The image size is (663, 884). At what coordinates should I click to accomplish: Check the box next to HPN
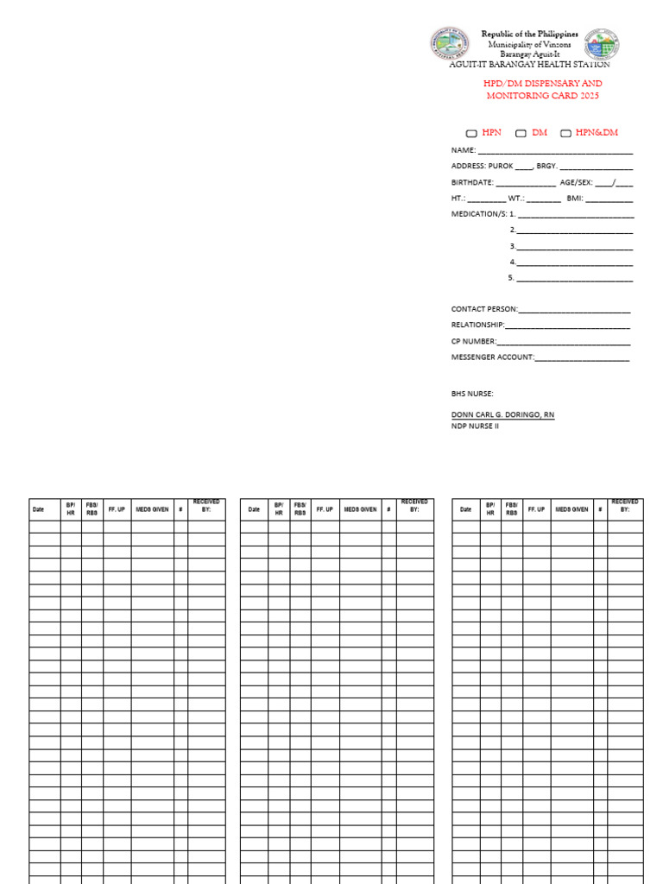[471, 134]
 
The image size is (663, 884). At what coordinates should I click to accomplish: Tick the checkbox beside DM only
[521, 134]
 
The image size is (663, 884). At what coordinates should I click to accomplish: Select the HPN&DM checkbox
[566, 134]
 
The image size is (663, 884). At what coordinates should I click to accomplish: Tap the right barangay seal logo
[602, 45]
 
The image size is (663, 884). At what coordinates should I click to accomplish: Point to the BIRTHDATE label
[472, 183]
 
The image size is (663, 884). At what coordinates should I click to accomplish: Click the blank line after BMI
[609, 199]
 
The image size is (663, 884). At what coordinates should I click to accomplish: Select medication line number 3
[574, 248]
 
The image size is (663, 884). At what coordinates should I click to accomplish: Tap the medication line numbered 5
[574, 280]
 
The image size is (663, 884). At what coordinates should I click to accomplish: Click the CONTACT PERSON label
[484, 309]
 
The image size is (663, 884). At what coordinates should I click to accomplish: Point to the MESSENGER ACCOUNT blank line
[582, 358]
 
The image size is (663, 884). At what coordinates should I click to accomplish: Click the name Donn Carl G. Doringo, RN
[502, 415]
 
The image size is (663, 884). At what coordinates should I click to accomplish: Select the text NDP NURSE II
[475, 426]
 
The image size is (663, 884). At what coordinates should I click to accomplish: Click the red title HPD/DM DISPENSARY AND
[543, 84]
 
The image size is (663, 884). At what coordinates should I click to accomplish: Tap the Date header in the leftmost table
[38, 509]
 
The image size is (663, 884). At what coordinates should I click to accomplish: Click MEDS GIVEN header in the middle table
[360, 509]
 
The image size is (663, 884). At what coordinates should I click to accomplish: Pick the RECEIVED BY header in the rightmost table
[625, 506]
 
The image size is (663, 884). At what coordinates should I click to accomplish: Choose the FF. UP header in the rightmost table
[537, 509]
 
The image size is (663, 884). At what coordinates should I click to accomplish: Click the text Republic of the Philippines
[530, 34]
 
